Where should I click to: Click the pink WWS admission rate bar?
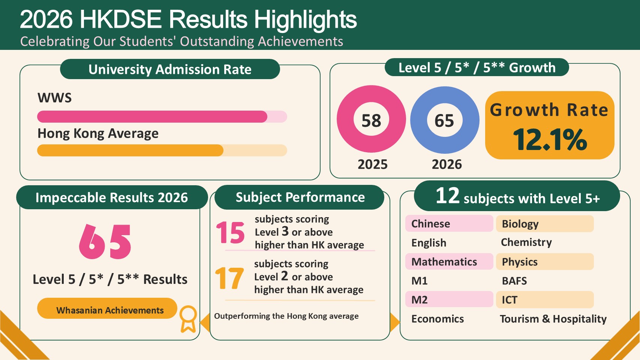152,117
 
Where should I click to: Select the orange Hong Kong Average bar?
130,150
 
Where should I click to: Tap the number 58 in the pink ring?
371,121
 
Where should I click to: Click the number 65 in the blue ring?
444,121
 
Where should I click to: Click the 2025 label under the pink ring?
373,164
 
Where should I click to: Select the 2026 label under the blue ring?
447,164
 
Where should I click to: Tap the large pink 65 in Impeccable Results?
105,242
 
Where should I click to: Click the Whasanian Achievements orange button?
107,309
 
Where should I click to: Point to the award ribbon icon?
188,319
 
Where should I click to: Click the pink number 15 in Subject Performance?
230,232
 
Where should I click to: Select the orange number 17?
229,278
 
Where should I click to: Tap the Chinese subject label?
430,224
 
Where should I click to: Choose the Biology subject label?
520,224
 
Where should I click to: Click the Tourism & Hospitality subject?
553,319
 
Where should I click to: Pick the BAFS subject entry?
514,281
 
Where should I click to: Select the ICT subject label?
510,300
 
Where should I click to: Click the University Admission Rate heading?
170,69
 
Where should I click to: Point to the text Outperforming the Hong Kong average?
286,316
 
